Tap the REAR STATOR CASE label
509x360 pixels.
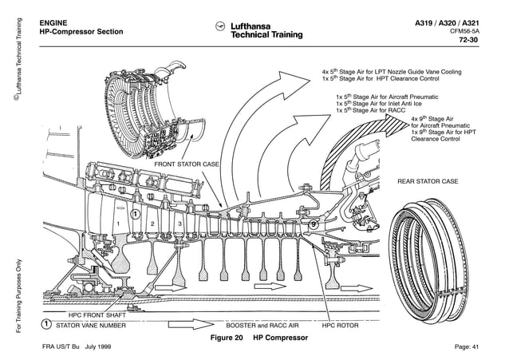point(428,181)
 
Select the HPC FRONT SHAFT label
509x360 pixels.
point(85,315)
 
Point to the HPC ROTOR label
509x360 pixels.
point(341,326)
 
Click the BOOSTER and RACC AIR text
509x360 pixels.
point(262,326)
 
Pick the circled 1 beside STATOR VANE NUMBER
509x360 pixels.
point(47,325)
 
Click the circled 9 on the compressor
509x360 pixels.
point(314,225)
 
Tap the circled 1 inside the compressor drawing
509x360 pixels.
point(136,214)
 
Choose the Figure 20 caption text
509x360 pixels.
point(258,338)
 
